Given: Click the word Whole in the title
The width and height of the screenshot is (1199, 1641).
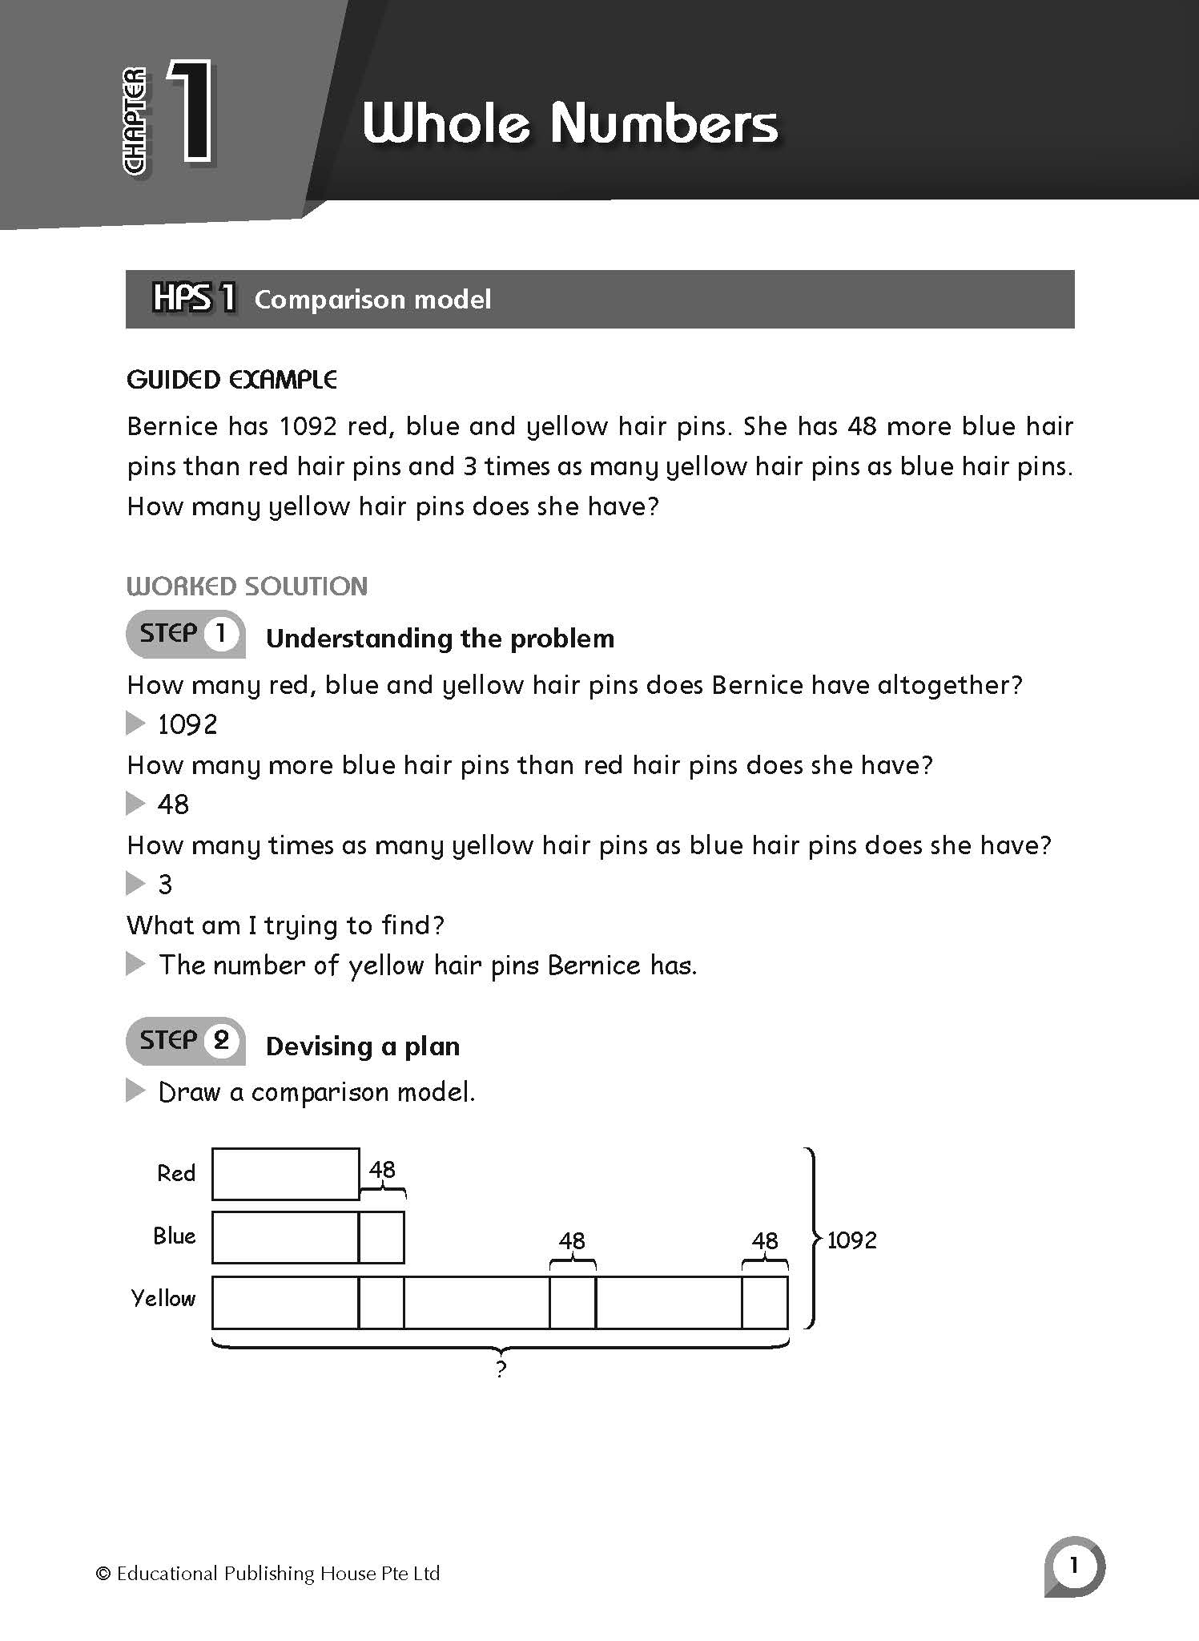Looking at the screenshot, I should coord(445,124).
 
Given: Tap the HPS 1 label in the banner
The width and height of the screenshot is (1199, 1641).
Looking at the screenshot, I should coord(194,298).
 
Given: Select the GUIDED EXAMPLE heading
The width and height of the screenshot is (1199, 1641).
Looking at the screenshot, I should coord(231,380).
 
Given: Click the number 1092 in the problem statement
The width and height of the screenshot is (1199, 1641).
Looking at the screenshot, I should coord(308,426).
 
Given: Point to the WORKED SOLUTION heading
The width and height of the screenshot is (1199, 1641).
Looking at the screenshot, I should coord(247,587).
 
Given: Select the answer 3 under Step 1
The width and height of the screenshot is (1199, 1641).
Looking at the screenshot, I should coord(165,885).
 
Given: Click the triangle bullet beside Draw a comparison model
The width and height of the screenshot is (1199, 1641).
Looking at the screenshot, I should coord(135,1091).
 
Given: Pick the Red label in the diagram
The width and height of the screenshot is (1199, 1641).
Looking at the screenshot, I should coord(176,1174).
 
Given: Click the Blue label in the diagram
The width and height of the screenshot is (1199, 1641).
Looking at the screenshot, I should coord(175,1236).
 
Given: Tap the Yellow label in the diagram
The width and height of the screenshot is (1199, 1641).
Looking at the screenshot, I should coord(163,1299).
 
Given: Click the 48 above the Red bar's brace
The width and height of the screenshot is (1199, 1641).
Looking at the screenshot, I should coord(382,1170).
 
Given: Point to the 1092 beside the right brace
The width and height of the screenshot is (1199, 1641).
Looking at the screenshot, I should coord(851,1240).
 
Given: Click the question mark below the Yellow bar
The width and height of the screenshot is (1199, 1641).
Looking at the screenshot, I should coord(501,1369).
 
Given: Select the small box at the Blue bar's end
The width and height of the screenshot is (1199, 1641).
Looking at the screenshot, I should coord(381,1237).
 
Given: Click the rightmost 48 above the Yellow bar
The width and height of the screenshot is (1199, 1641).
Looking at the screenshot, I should coord(765,1241).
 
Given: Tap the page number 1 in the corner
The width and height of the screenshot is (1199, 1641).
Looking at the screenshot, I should coord(1073,1564).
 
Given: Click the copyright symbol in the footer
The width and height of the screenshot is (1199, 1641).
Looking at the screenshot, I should coord(103,1574).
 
